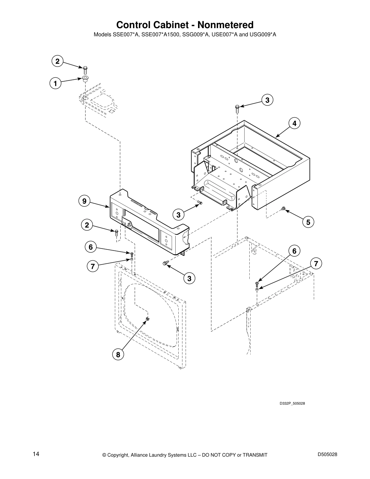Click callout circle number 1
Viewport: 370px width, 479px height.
[55, 83]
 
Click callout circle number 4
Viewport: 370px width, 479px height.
[294, 123]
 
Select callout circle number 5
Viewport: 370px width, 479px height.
[308, 222]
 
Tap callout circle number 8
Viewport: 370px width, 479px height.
[118, 354]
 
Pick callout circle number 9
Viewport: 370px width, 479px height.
[84, 201]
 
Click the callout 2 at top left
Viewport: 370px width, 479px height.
[57, 61]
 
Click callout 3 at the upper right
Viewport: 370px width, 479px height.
[267, 100]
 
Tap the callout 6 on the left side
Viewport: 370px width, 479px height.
[90, 247]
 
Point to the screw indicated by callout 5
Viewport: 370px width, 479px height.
[283, 208]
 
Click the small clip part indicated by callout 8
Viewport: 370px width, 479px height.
[148, 319]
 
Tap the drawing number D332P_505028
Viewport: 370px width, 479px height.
[290, 403]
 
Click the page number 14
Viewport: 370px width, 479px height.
[36, 454]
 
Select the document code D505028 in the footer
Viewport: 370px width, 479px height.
[327, 454]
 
